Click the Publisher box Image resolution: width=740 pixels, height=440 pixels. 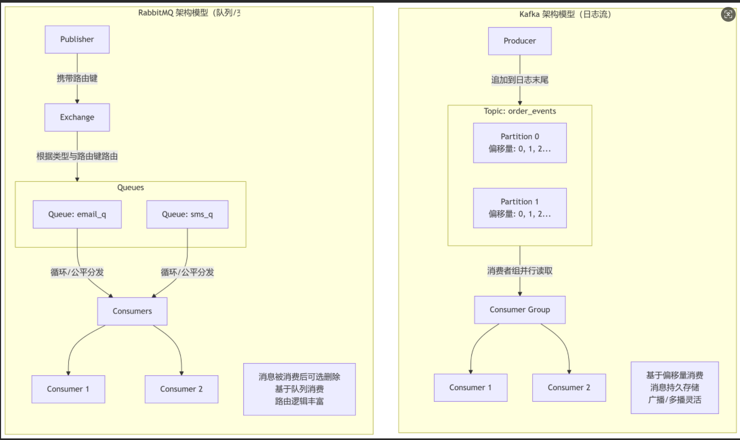click(x=77, y=39)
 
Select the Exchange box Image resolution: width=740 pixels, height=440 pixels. click(x=77, y=117)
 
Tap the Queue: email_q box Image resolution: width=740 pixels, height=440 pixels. click(x=77, y=214)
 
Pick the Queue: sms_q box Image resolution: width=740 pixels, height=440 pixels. click(x=187, y=214)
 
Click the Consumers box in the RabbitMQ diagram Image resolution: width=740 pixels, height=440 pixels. click(x=132, y=311)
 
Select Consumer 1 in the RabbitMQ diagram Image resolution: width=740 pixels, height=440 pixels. click(x=68, y=389)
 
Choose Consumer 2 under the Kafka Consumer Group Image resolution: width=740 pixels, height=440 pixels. click(x=568, y=388)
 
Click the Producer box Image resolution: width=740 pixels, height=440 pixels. click(x=519, y=41)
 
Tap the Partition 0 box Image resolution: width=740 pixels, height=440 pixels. click(x=519, y=143)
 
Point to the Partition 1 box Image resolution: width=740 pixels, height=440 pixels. click(x=519, y=208)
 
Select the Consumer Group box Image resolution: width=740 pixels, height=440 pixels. click(x=519, y=310)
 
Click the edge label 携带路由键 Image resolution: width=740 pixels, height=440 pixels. click(x=77, y=78)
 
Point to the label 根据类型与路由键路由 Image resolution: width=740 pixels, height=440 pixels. click(x=77, y=156)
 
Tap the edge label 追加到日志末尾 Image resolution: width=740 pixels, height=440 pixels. click(x=519, y=80)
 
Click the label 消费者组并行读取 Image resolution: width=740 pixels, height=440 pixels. click(x=519, y=271)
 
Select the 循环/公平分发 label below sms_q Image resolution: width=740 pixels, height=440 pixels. click(x=187, y=272)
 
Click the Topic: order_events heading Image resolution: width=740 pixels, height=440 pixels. click(x=519, y=111)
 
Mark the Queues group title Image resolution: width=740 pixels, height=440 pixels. click(x=130, y=188)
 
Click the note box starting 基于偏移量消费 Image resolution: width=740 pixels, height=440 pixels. click(x=674, y=388)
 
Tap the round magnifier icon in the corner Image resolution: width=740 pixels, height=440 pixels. click(x=728, y=15)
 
